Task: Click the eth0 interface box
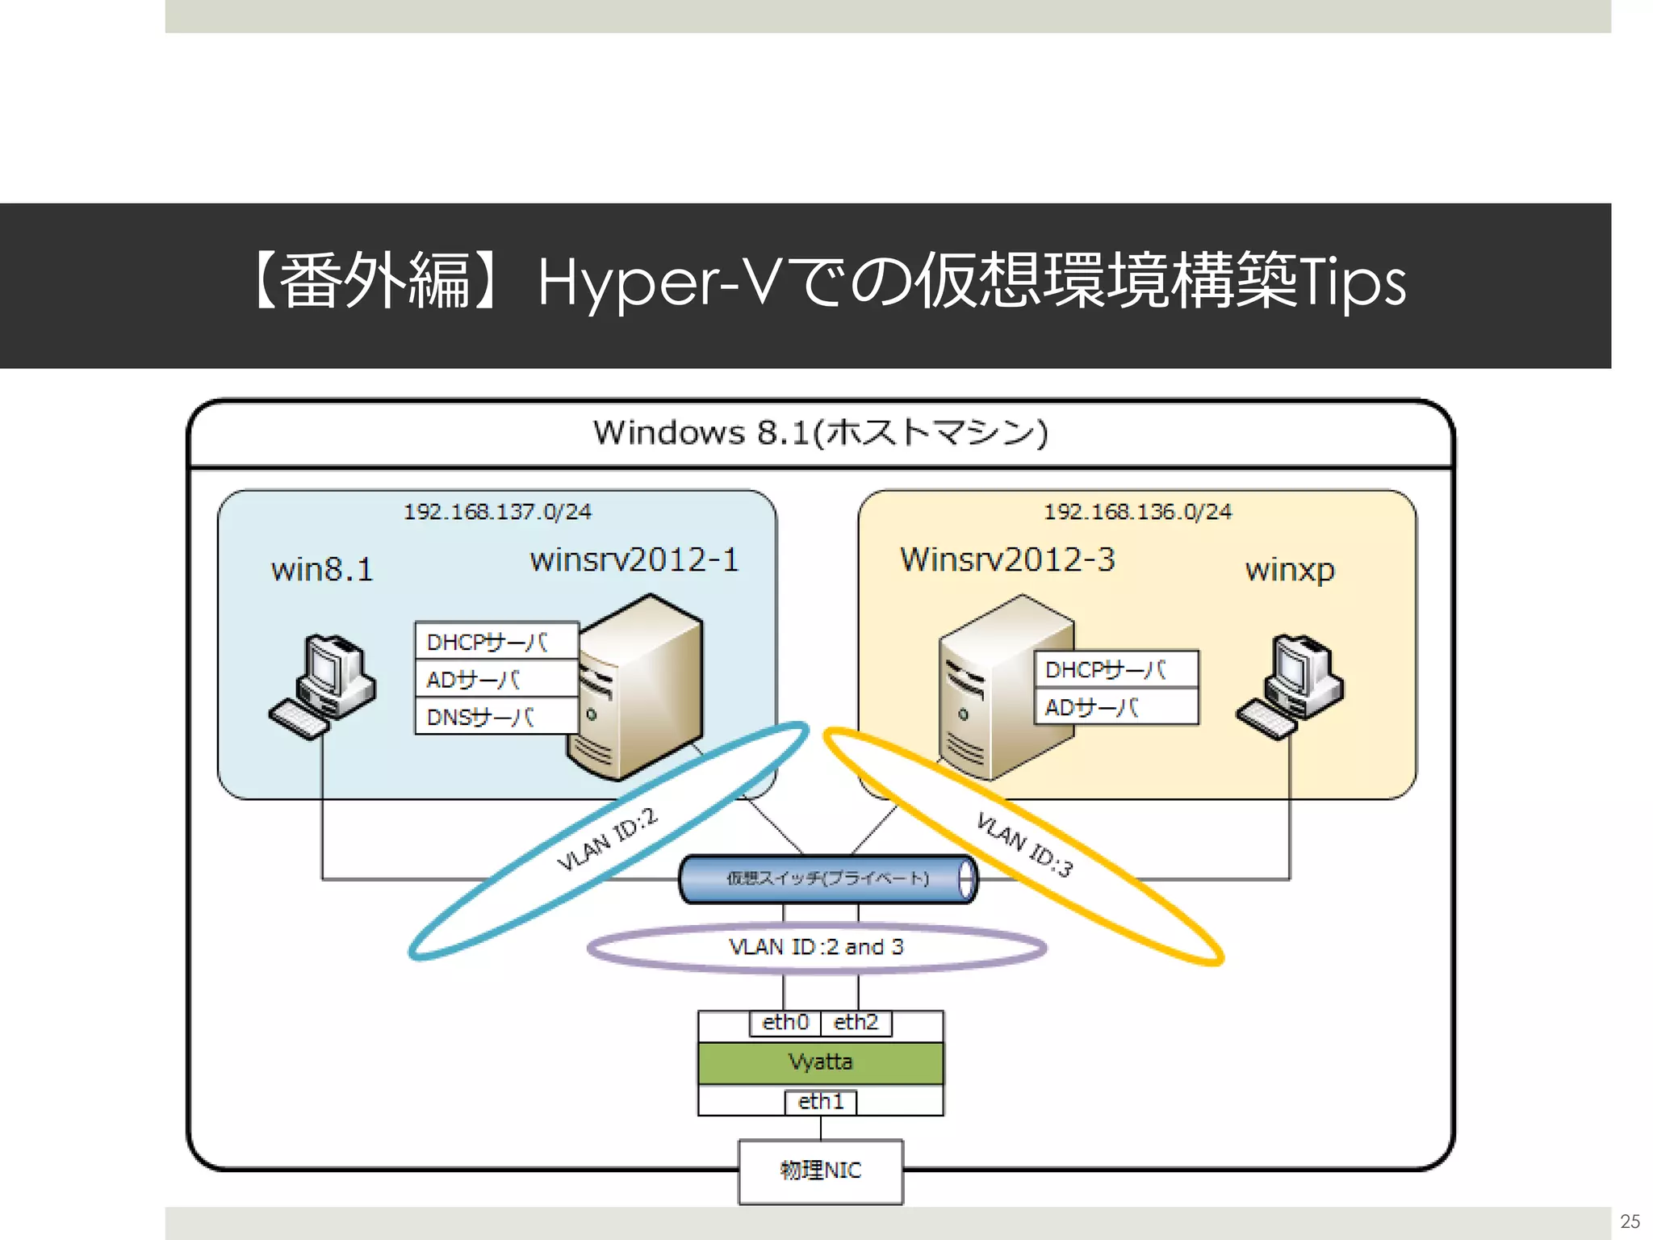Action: (x=785, y=1022)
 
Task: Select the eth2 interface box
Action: (x=856, y=1022)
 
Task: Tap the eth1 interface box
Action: (x=820, y=1101)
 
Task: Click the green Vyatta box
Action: (x=820, y=1062)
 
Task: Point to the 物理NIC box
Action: (x=820, y=1171)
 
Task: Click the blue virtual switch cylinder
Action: (x=827, y=878)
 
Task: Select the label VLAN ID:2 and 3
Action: (x=816, y=947)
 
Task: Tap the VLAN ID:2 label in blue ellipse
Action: (x=608, y=840)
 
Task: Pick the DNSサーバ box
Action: (x=496, y=717)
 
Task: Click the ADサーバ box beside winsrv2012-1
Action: (x=496, y=680)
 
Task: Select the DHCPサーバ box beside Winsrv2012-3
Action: (x=1115, y=669)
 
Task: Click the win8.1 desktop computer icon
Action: (x=323, y=686)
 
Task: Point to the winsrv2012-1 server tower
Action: (x=638, y=690)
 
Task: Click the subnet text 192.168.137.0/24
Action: (x=497, y=512)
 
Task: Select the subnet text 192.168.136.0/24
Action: (x=1137, y=512)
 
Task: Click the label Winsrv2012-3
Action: (x=1007, y=559)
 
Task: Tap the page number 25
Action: (x=1630, y=1221)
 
